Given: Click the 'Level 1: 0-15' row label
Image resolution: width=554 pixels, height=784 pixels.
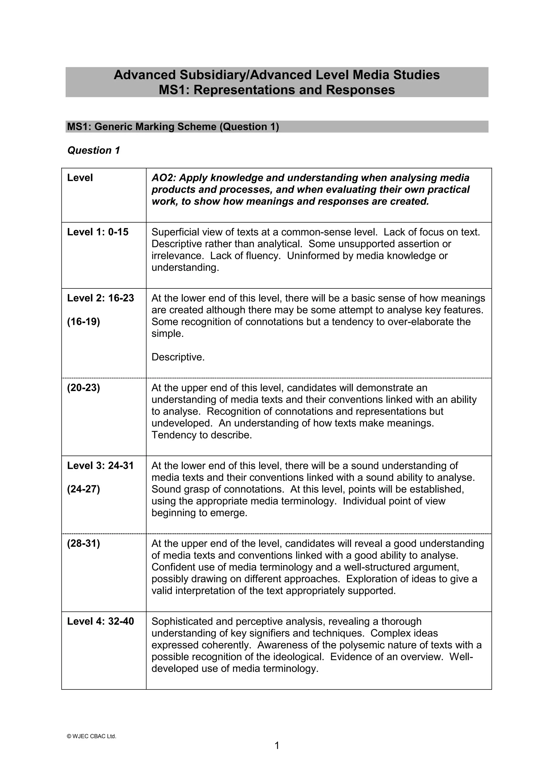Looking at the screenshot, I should (98, 232).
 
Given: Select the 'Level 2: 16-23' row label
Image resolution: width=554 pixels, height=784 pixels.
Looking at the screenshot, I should (100, 298).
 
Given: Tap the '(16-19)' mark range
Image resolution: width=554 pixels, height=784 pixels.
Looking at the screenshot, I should (84, 322).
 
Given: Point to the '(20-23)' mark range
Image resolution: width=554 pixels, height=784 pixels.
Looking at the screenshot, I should (84, 388).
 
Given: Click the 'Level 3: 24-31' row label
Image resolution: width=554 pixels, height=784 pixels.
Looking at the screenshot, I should (100, 466).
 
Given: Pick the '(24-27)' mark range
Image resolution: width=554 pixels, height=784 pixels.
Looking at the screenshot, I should (84, 489).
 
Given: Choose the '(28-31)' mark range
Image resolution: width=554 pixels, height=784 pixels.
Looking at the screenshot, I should (84, 544).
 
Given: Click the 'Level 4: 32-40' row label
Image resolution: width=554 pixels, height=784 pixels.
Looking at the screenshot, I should (100, 622).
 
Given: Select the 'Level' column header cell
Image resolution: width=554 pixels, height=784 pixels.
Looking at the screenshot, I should (80, 178).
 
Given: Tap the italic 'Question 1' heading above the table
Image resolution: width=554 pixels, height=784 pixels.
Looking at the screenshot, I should (94, 150).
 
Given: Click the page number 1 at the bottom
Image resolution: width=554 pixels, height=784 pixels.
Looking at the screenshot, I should (277, 746).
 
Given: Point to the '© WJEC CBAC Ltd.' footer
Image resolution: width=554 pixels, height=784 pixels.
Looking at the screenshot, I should (92, 736).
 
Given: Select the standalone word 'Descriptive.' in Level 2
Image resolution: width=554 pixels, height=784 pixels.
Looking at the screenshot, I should (178, 357).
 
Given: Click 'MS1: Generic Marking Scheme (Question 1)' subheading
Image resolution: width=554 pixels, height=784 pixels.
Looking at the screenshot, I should (173, 127).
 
